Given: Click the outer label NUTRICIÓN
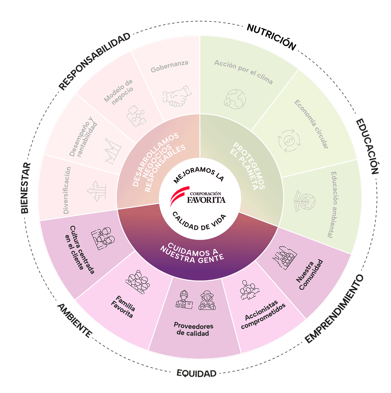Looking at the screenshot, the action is pos(272,37).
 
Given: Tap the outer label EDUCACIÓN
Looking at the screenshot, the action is pos(368,146).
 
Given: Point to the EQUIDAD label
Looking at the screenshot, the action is pos(196,373).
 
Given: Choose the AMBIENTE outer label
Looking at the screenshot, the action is pos(75,320).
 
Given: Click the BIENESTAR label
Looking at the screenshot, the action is pos(25,188).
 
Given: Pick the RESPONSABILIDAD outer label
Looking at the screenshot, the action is pos(94,61).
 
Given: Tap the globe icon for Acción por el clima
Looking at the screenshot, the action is pos(235,99).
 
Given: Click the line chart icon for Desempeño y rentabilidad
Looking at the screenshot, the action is pos(113,151).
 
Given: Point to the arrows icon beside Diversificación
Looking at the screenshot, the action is pos(96,191).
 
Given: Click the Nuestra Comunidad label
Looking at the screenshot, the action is pos(310,275).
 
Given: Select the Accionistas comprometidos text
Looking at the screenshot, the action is pos(263,314).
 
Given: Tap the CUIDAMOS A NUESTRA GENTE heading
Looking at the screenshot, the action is pos(192,253).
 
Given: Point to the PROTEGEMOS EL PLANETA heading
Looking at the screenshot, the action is pos(247,166).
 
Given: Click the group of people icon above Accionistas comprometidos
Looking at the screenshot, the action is pos(249,290).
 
